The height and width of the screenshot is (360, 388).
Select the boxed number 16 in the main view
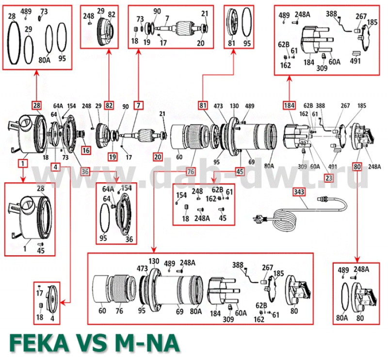click(86, 150)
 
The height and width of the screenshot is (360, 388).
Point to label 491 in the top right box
click(355, 62)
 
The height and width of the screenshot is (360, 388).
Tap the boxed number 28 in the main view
click(36, 105)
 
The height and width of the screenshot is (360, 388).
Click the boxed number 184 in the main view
click(289, 105)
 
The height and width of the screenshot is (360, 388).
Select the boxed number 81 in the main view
click(203, 105)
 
